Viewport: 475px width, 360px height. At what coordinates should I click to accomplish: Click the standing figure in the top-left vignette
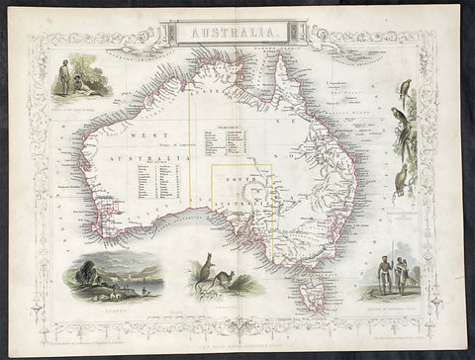tap(64, 77)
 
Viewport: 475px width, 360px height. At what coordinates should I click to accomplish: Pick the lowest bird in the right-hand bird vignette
tap(401, 181)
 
